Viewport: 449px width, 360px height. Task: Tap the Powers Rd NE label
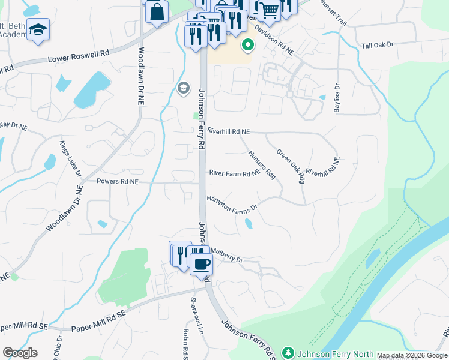click(x=118, y=181)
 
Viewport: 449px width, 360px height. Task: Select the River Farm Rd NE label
click(x=234, y=173)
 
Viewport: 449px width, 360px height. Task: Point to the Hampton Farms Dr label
click(x=232, y=203)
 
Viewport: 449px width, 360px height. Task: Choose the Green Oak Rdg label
click(x=289, y=166)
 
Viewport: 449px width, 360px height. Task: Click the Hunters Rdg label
click(x=261, y=164)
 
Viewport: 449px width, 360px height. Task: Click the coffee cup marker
click(x=201, y=263)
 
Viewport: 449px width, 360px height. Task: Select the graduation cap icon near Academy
click(x=38, y=30)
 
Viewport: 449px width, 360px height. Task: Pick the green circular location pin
click(x=247, y=44)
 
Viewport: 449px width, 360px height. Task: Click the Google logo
click(x=20, y=353)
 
